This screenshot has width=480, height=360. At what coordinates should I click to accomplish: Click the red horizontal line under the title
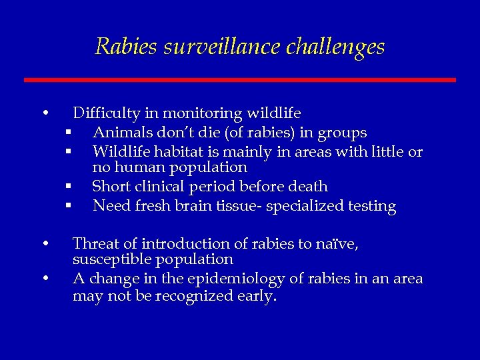point(240,79)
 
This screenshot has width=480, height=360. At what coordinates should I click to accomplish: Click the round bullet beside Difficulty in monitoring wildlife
point(44,113)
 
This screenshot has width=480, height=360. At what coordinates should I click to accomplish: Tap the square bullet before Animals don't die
point(68,133)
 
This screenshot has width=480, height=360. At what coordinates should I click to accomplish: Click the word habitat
point(169,152)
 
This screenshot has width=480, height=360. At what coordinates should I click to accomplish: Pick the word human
point(135,167)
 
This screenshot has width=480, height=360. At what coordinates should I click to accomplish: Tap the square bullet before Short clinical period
point(68,187)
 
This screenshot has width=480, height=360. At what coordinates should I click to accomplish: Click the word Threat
point(93,243)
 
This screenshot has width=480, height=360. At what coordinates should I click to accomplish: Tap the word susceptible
point(111,259)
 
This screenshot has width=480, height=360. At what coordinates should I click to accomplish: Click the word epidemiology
point(243,279)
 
